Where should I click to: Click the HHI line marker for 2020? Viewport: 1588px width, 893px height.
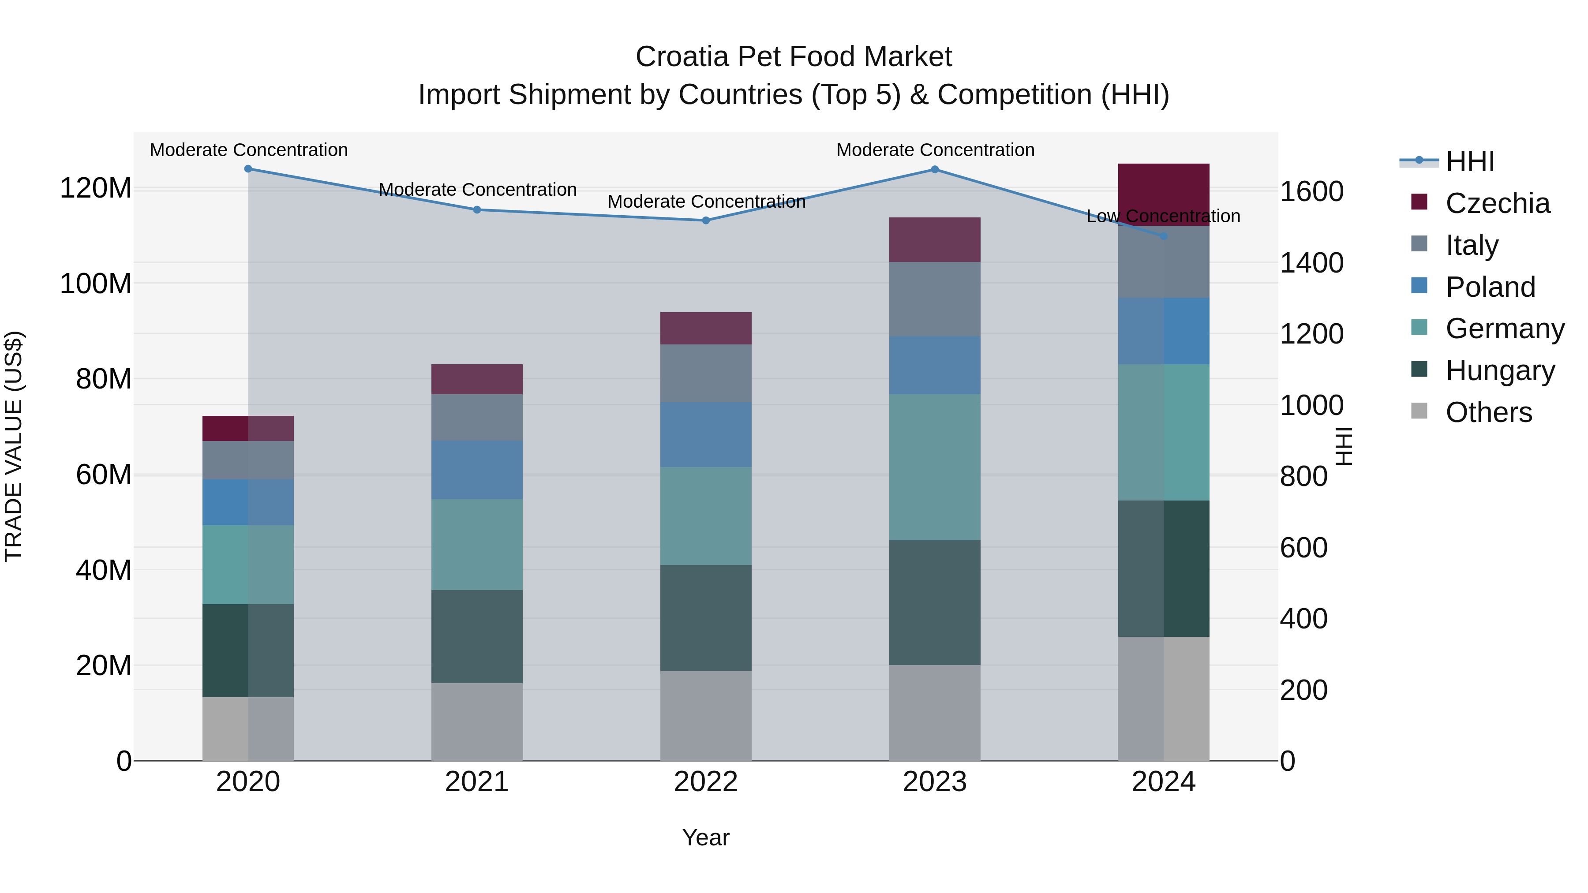click(x=248, y=169)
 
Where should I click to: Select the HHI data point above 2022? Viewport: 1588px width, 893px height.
click(x=706, y=220)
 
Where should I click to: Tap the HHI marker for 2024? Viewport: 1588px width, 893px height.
click(x=1163, y=236)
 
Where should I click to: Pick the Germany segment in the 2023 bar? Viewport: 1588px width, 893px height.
click(x=935, y=467)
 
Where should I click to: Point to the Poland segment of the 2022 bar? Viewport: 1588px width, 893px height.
click(x=706, y=434)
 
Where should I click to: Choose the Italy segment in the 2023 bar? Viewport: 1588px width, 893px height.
click(x=935, y=299)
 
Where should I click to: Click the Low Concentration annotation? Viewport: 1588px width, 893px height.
click(x=1163, y=217)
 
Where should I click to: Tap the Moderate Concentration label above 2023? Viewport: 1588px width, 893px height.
click(x=935, y=150)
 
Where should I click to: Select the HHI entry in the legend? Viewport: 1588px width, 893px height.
click(x=1470, y=161)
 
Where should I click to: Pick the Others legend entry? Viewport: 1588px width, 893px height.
click(x=1488, y=412)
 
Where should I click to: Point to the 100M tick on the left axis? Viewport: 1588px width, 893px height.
click(x=96, y=284)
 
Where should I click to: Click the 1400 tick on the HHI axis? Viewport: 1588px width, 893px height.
click(x=1312, y=263)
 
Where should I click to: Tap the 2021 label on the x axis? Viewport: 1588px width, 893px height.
click(x=476, y=782)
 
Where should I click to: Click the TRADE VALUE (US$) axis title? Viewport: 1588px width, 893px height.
click(x=14, y=446)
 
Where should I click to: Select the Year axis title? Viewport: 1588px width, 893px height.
click(x=706, y=837)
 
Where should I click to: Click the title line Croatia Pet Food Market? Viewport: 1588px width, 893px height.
click(x=794, y=57)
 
